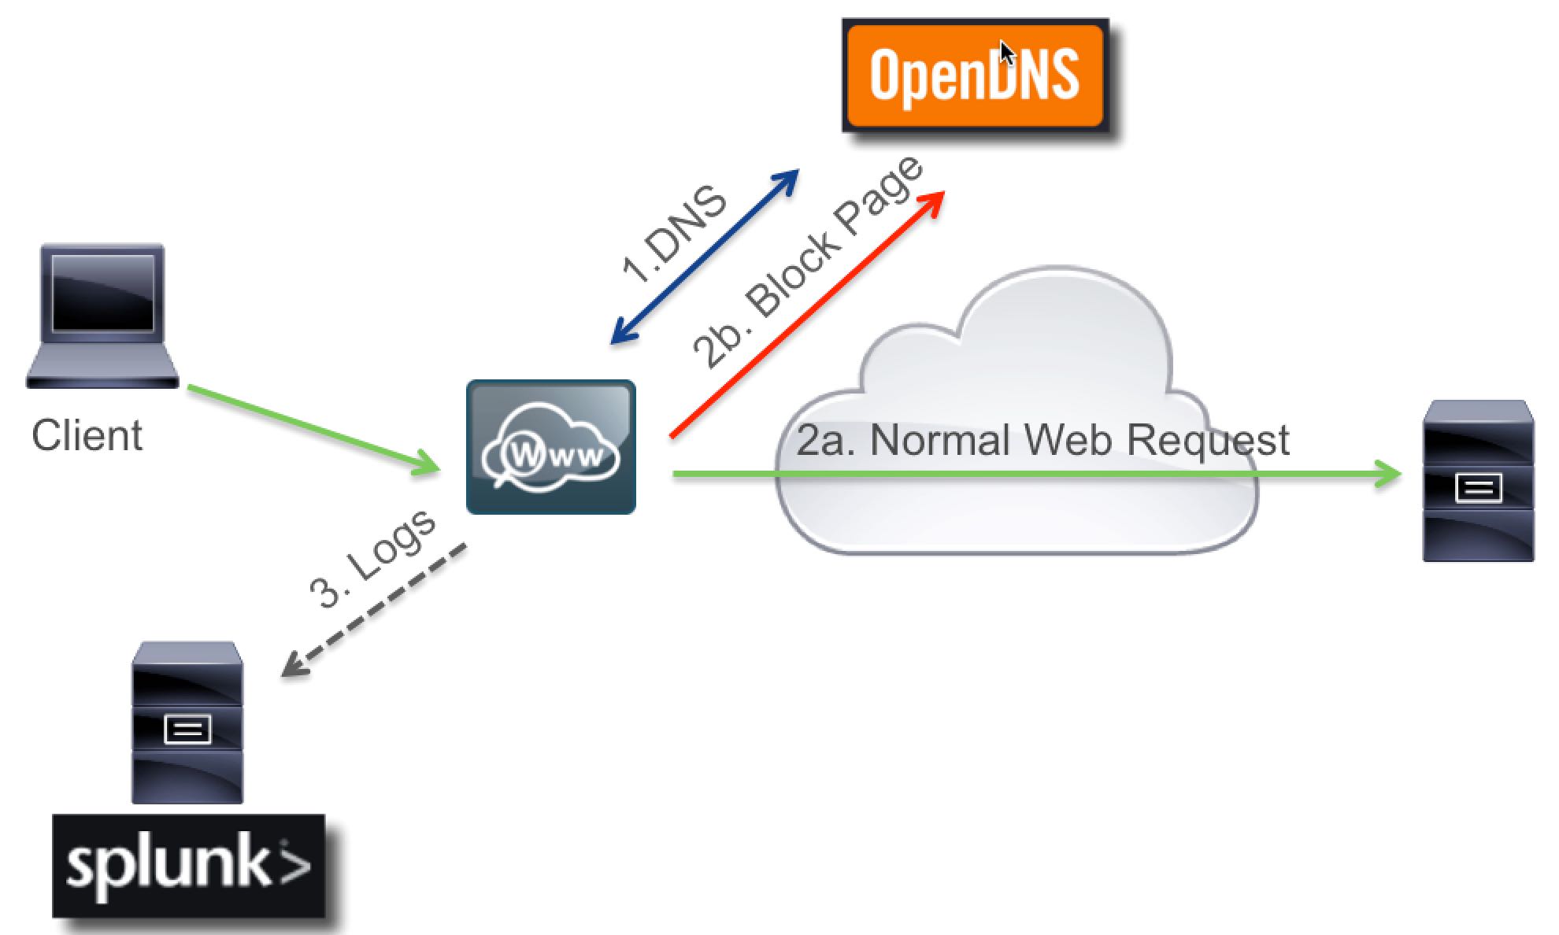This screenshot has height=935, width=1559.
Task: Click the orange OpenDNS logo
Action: [975, 76]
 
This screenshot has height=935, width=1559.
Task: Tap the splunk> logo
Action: [189, 866]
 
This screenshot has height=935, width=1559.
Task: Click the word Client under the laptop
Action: [87, 436]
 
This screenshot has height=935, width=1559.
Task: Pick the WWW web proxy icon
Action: [551, 447]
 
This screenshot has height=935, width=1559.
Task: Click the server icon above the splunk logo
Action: [187, 722]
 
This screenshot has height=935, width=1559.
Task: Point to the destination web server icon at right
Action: [1478, 481]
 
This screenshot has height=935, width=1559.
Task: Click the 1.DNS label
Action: [674, 234]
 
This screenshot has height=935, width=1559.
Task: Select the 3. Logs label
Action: [372, 559]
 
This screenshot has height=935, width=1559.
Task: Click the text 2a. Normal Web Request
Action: [1042, 440]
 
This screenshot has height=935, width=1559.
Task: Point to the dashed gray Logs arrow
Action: [373, 611]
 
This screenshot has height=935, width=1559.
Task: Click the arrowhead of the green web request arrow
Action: [1390, 475]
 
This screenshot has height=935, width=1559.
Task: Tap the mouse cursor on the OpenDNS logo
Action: [1006, 54]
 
